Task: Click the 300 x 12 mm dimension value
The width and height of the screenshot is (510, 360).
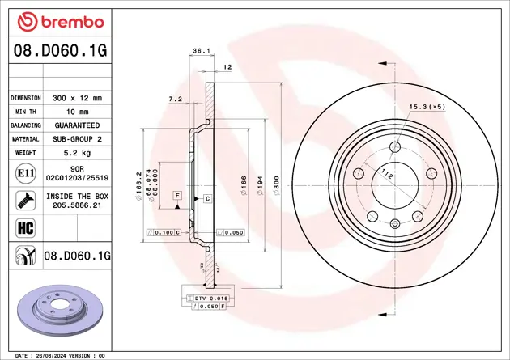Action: coord(77,97)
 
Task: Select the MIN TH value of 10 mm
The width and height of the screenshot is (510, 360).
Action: coord(77,111)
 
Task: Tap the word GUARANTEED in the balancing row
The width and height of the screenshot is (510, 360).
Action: coord(77,125)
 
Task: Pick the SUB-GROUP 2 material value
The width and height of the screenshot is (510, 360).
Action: coord(77,139)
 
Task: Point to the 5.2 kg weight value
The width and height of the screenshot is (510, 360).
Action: coord(77,153)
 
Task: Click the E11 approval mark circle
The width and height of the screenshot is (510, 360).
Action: coord(24,172)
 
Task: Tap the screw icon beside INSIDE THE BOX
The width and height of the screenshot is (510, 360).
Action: coord(24,200)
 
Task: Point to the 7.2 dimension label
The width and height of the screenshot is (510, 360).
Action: coord(174,99)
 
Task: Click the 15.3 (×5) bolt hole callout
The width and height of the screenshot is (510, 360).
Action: coord(426,107)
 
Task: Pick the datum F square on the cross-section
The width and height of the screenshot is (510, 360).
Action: coord(176,195)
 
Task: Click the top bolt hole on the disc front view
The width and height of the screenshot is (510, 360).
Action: coord(395,146)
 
